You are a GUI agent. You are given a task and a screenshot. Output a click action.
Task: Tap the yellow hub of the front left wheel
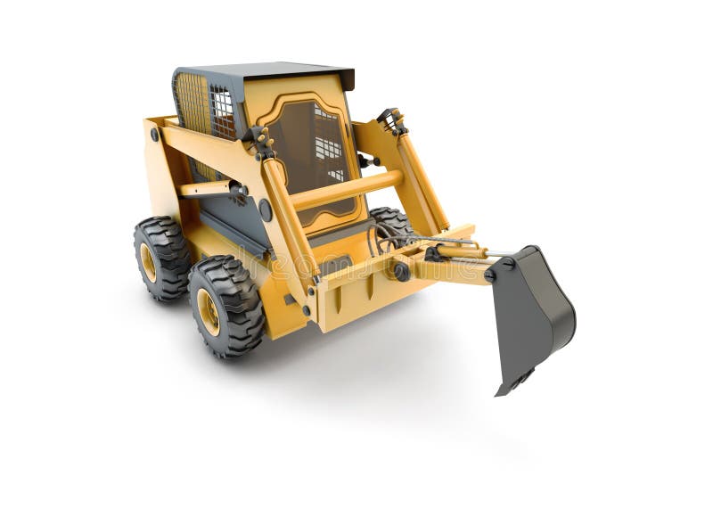209,311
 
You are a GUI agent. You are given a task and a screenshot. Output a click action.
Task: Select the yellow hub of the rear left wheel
148,262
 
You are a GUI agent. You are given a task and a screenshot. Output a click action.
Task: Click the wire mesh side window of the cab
223,112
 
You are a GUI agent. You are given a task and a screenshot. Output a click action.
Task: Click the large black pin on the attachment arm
402,272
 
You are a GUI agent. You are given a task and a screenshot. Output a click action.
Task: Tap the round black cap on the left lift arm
265,210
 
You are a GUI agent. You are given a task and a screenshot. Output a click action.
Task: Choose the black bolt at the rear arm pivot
154,135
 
